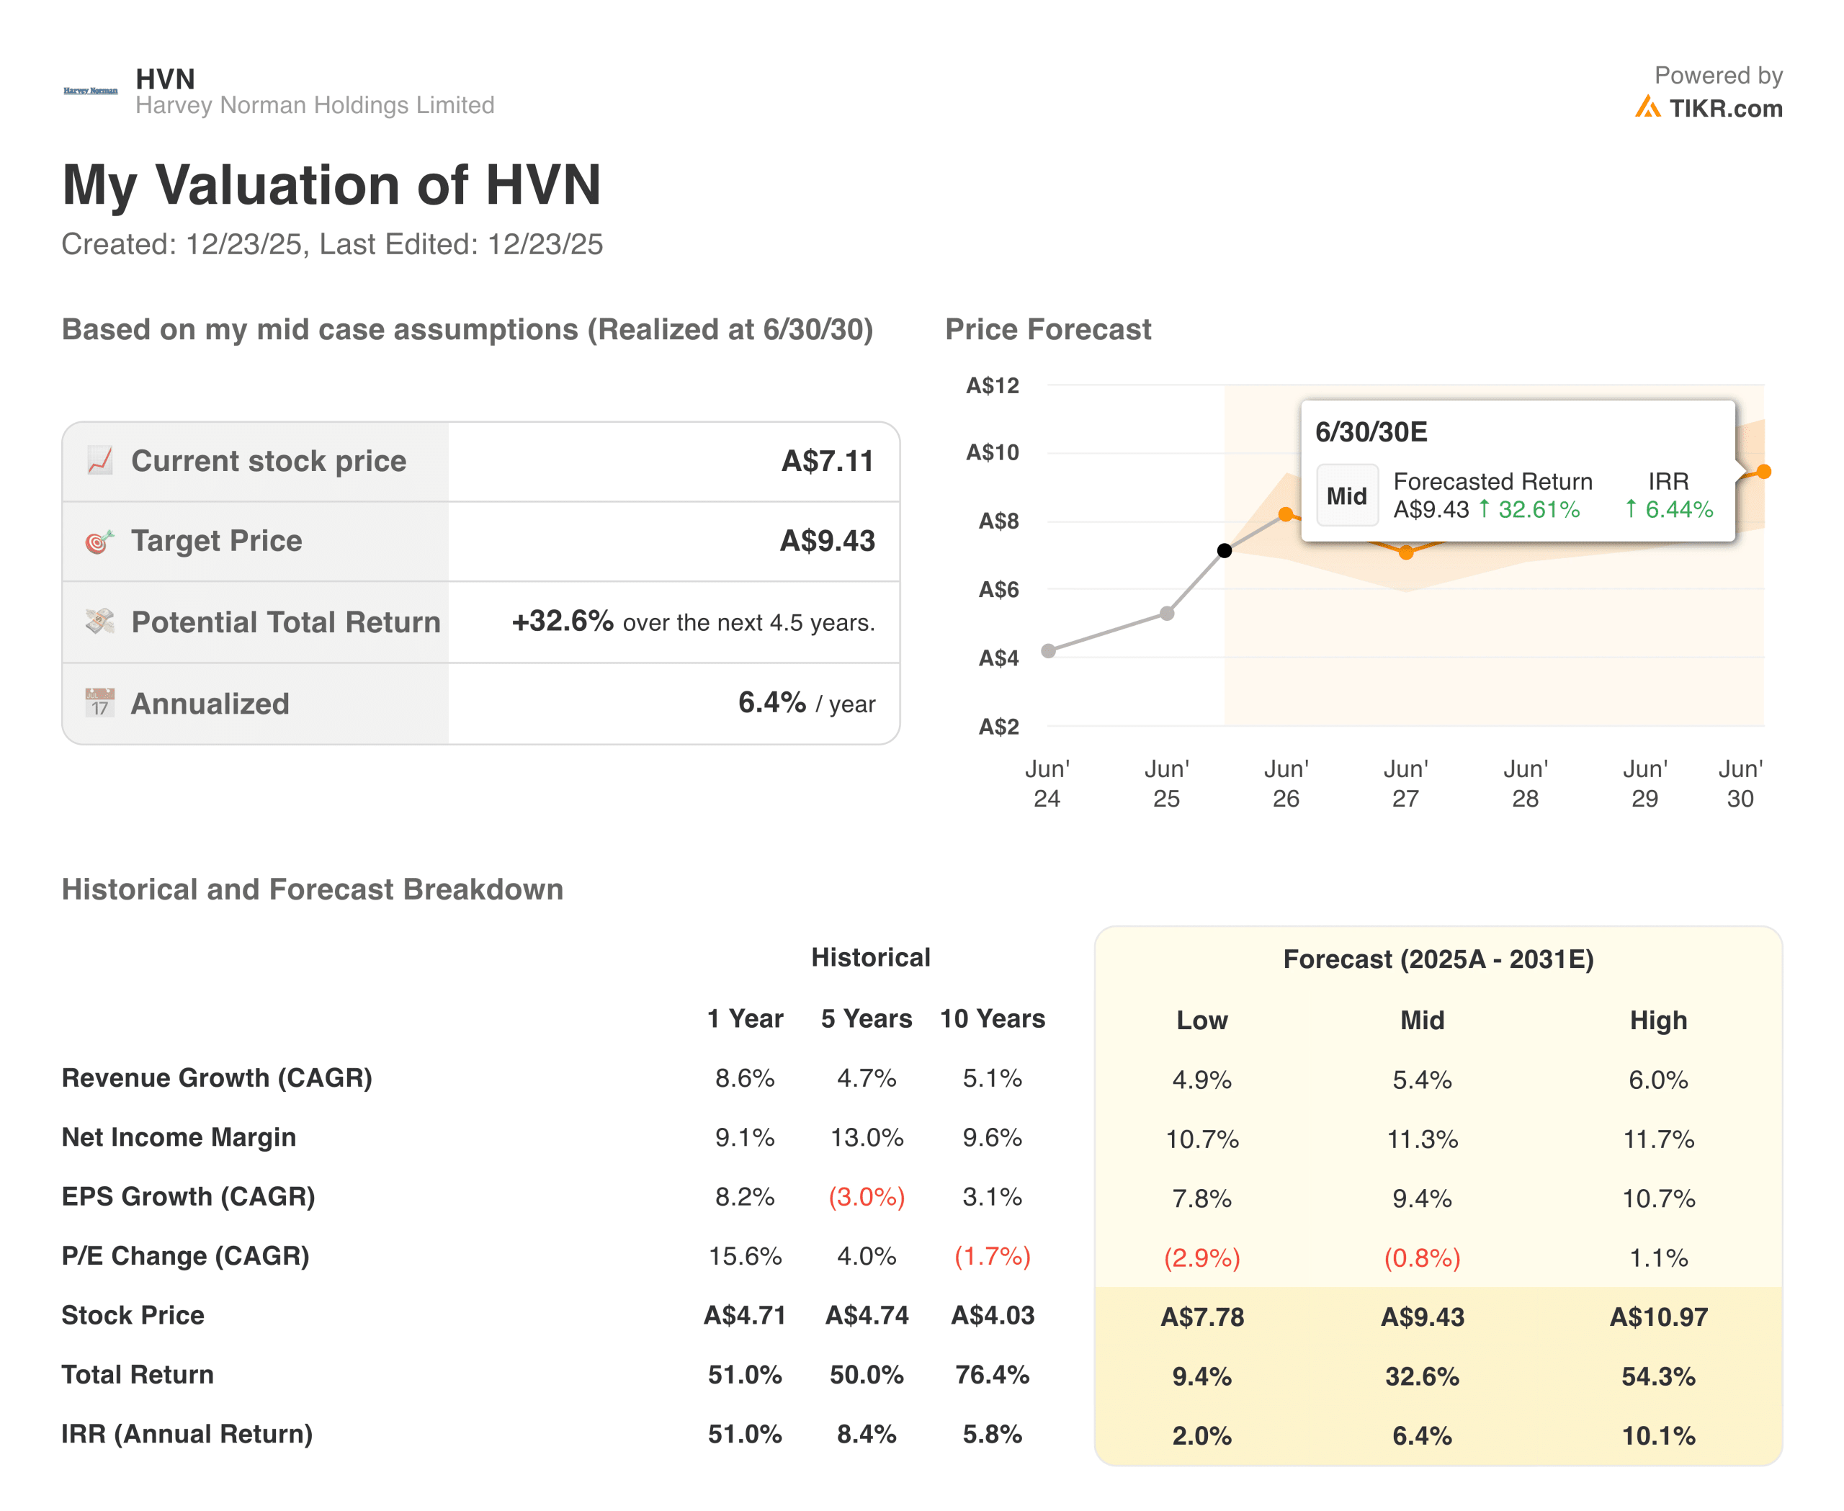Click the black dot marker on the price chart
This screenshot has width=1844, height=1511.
click(x=1224, y=550)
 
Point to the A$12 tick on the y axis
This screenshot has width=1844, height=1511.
click(x=992, y=385)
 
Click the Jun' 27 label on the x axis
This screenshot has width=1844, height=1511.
click(x=1405, y=784)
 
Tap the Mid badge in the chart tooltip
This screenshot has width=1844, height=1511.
click(x=1346, y=496)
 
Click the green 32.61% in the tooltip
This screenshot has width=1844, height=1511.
click(x=1538, y=509)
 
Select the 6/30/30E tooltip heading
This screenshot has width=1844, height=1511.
click(x=1370, y=431)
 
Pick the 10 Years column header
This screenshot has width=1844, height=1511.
click(x=992, y=1018)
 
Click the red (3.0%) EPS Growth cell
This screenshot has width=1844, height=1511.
click(x=867, y=1197)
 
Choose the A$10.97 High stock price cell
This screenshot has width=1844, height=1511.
click(x=1657, y=1316)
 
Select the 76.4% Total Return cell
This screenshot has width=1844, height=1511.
click(x=992, y=1374)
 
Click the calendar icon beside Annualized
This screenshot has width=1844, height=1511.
click(x=99, y=702)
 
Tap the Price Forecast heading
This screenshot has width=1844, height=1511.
click(x=1047, y=329)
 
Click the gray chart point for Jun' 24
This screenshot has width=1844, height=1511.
click(x=1048, y=650)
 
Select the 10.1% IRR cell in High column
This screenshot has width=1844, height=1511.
click(x=1657, y=1435)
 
